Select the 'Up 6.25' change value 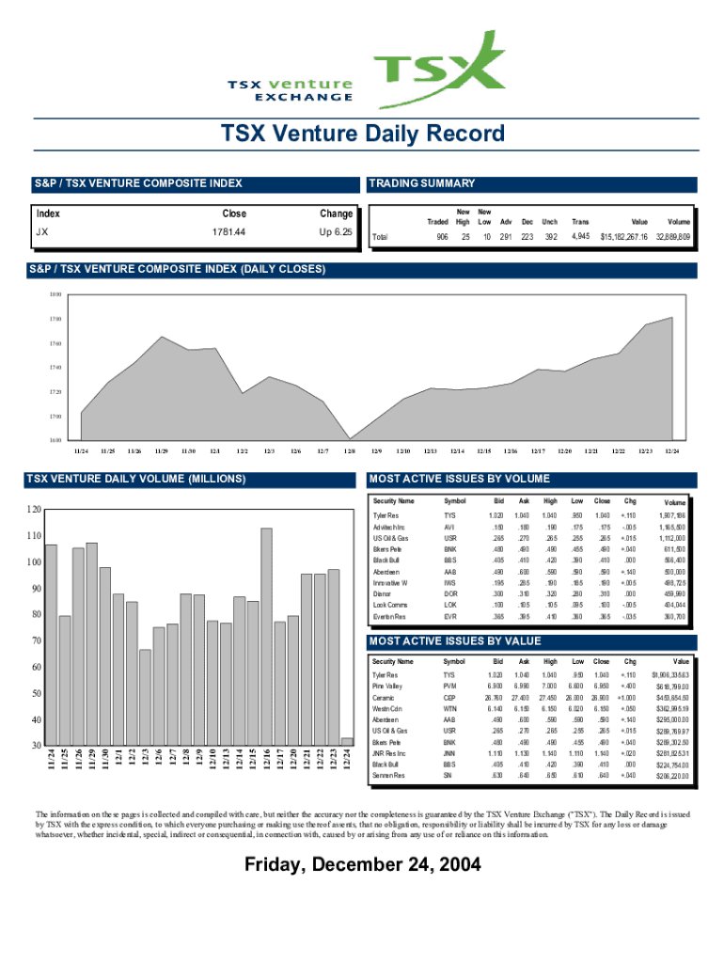pyautogui.click(x=336, y=232)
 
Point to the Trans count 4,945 pyautogui.click(x=580, y=237)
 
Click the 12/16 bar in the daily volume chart pyautogui.click(x=266, y=637)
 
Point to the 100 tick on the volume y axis pyautogui.click(x=34, y=562)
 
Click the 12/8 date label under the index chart pyautogui.click(x=350, y=451)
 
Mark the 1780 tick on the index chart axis pyautogui.click(x=56, y=319)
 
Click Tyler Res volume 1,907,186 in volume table pyautogui.click(x=675, y=516)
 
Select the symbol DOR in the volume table pyautogui.click(x=450, y=594)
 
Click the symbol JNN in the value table pyautogui.click(x=450, y=754)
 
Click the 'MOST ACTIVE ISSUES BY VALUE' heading pyautogui.click(x=455, y=641)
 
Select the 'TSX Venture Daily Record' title pyautogui.click(x=362, y=134)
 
